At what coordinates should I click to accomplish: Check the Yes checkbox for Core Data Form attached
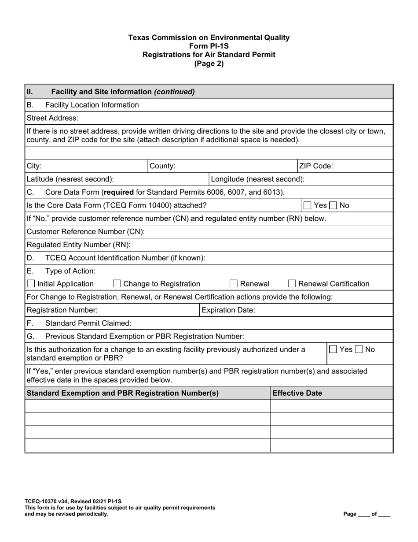(308, 205)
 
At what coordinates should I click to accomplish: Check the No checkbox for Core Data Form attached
(334, 205)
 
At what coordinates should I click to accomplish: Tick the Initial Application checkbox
(31, 284)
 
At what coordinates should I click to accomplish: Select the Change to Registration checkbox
(117, 284)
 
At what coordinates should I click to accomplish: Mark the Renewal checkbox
(234, 284)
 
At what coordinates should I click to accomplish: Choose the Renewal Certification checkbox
(292, 284)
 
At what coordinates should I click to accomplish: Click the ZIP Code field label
(316, 166)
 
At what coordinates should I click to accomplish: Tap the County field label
(163, 166)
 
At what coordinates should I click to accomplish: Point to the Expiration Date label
(228, 310)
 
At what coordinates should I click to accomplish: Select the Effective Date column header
(297, 393)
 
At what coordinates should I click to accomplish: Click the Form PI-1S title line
(209, 46)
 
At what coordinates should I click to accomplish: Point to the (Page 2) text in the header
(209, 63)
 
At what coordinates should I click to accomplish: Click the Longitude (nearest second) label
(258, 179)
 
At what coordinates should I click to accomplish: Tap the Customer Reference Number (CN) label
(86, 231)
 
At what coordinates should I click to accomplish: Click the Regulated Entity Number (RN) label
(79, 245)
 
